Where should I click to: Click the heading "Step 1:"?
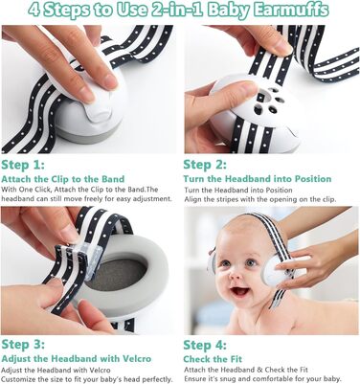click(x=23, y=165)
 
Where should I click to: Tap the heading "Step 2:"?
click(x=205, y=165)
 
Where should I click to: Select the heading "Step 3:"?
click(x=23, y=345)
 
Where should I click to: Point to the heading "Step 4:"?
click(x=205, y=346)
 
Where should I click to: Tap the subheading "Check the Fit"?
click(x=213, y=359)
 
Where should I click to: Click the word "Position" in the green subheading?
click(x=313, y=179)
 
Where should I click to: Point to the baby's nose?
click(x=236, y=274)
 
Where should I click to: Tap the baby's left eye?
click(x=251, y=262)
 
